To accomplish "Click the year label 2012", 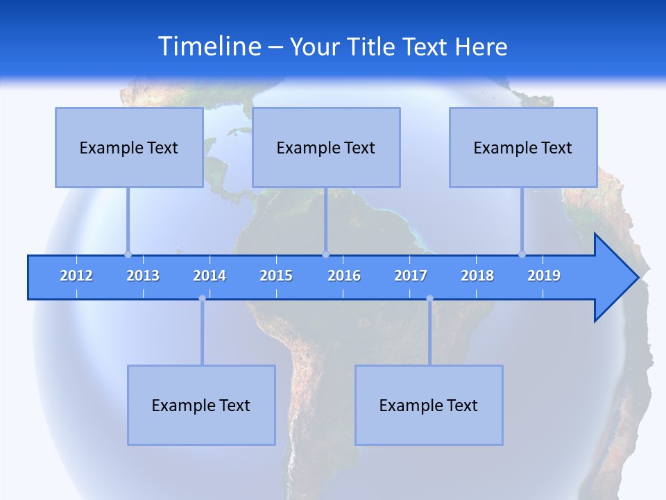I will (x=76, y=276).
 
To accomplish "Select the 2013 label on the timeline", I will (x=143, y=276).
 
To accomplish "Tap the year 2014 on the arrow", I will (x=210, y=276).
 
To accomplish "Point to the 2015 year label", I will (x=276, y=276).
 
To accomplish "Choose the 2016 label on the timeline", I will (x=344, y=276).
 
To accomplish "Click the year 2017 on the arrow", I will (x=411, y=276).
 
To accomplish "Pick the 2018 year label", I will (x=477, y=276).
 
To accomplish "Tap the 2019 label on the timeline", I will (x=544, y=276).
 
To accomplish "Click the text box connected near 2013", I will (x=129, y=147).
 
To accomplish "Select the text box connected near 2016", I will (x=326, y=147).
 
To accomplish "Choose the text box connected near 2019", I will (x=523, y=147).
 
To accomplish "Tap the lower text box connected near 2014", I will (x=201, y=405).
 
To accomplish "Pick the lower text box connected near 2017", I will (x=429, y=405).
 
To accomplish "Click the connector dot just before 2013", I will (x=128, y=254).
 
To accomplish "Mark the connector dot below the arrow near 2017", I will (x=429, y=299).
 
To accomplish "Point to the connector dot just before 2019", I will (x=522, y=254).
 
